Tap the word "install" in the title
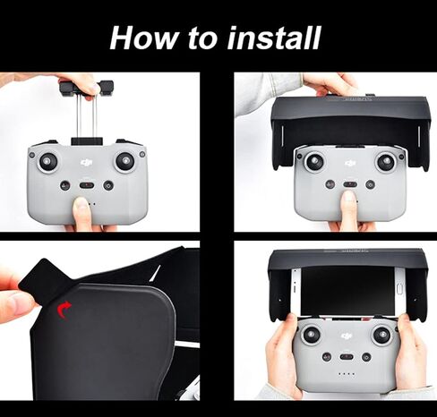point(274,38)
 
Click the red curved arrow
point(64,309)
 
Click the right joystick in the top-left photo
point(125,162)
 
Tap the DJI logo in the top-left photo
point(87,163)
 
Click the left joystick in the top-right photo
point(314,163)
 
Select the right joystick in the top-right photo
point(386,163)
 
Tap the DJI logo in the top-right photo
point(350,163)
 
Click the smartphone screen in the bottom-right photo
point(347,291)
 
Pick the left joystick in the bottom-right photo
point(312,335)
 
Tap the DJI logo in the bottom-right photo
point(347,336)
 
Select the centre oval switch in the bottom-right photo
point(347,357)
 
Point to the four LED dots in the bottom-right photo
point(347,374)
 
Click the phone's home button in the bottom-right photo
point(400,289)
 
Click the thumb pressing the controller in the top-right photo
point(348,208)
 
